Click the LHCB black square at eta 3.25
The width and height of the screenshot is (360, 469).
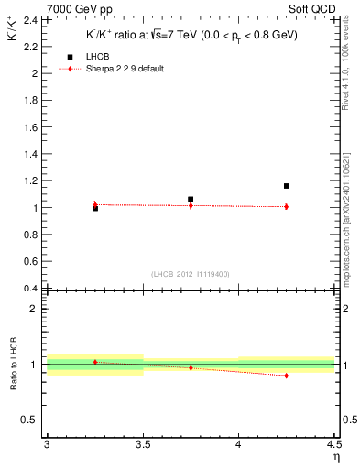[x=95, y=209]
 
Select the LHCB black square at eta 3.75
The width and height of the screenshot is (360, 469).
[x=191, y=199]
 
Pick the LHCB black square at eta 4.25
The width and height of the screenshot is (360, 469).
[x=287, y=186]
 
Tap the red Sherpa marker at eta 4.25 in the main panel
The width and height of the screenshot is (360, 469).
[x=287, y=206]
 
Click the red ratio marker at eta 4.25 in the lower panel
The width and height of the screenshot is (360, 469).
[x=287, y=376]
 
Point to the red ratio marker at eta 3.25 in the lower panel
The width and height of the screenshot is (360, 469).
[x=95, y=362]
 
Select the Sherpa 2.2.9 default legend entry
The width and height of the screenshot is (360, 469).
[x=117, y=69]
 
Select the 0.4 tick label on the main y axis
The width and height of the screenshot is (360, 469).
[x=34, y=289]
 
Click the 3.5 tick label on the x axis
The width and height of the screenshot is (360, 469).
[x=142, y=445]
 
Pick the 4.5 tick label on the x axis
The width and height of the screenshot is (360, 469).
[x=333, y=445]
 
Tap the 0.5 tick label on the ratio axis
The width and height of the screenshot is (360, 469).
[x=32, y=420]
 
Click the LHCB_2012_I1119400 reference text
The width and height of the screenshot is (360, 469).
[x=190, y=275]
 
